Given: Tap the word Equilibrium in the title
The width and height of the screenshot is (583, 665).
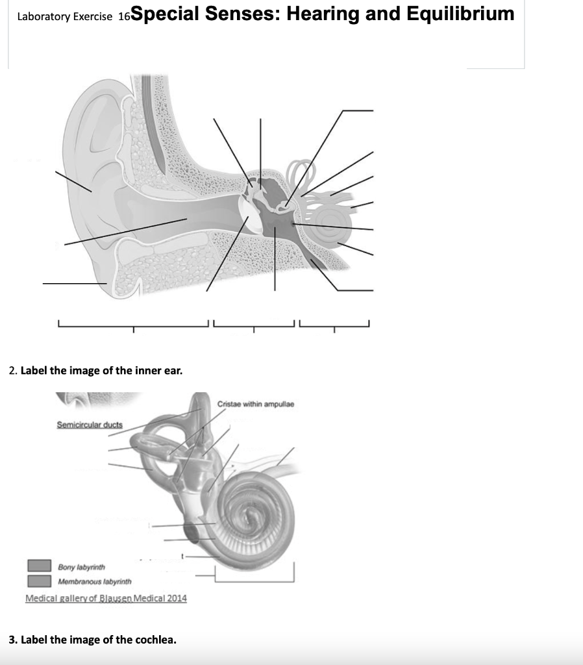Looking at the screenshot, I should pos(460,14).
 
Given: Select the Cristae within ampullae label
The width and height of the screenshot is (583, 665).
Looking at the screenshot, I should pos(256,404).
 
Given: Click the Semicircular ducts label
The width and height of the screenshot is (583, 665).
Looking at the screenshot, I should pos(90,425).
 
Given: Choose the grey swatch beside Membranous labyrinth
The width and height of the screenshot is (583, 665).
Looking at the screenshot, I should pos(38,580).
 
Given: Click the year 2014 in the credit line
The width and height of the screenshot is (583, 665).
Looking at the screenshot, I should pos(176,598).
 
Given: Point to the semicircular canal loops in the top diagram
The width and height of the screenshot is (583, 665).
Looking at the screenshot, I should pos(303,172).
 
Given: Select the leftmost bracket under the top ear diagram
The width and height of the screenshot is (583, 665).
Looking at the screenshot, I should pos(133,323).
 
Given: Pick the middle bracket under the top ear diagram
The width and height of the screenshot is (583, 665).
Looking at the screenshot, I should pos(254,323).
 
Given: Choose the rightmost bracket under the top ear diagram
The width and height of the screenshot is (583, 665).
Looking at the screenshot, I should pos(334,323).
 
